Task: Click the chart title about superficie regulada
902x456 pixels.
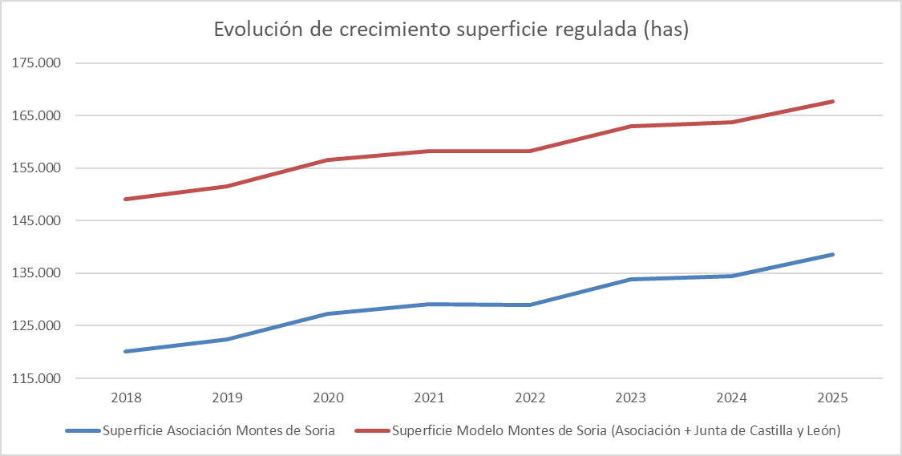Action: point(451,30)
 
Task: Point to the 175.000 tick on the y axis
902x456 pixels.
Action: point(38,63)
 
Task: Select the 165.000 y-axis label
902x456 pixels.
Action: point(38,115)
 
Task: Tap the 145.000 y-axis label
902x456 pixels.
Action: point(38,220)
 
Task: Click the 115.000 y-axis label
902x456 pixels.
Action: point(38,378)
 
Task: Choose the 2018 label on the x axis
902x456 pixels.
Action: point(127,397)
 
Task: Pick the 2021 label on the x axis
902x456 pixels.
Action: point(430,397)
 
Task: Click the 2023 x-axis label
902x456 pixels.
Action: point(632,397)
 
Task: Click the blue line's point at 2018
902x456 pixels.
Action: point(127,351)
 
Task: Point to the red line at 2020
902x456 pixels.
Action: point(329,159)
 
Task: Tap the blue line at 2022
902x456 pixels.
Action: point(531,305)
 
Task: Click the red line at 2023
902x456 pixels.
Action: point(632,126)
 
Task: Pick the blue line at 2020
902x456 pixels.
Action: point(329,313)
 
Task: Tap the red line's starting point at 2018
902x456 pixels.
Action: point(127,199)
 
